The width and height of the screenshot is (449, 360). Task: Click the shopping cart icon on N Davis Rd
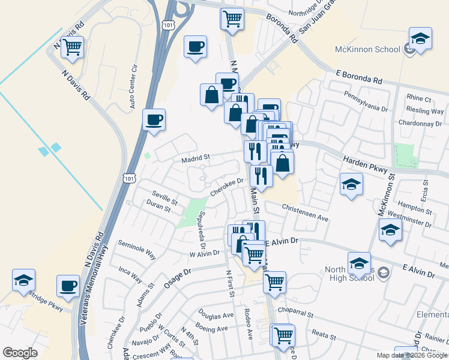(x=73, y=47)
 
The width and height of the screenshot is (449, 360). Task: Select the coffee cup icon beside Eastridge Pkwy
(x=68, y=285)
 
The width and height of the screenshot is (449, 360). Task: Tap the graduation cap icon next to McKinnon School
(x=421, y=38)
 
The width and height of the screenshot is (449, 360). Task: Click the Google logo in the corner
(x=20, y=353)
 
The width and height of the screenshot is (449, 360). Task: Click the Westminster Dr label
(x=410, y=217)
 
